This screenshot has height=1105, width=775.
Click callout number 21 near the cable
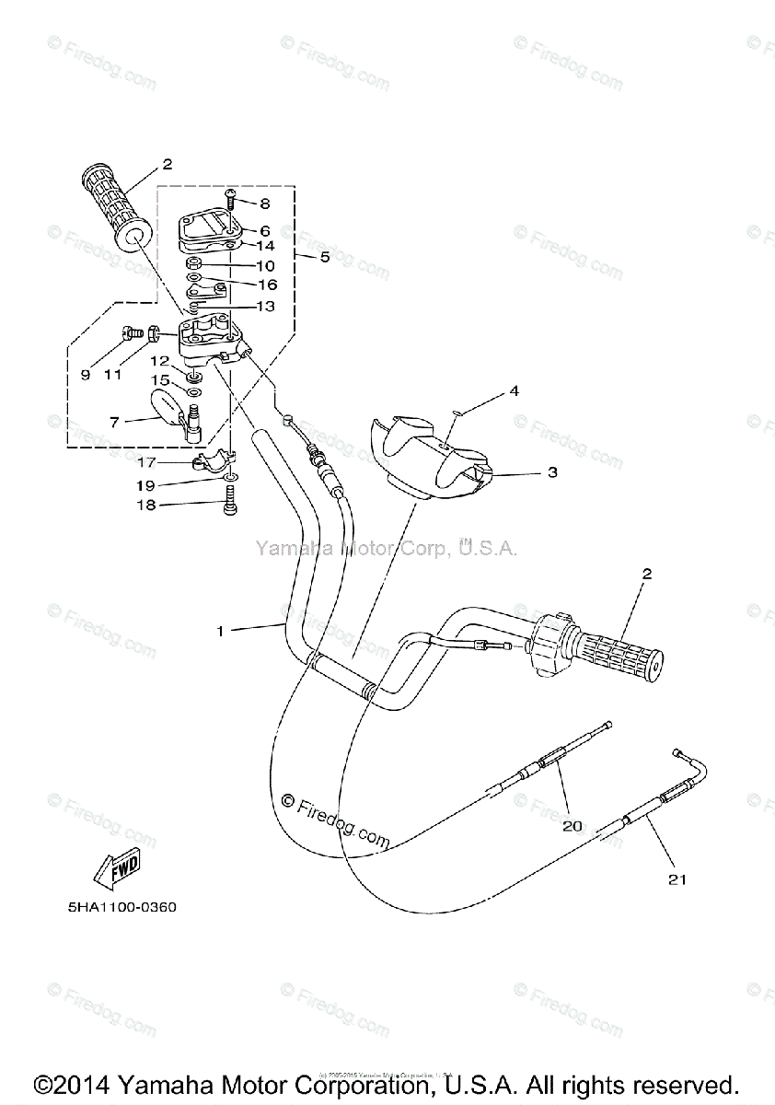pyautogui.click(x=677, y=880)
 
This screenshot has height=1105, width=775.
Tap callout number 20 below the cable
pyautogui.click(x=572, y=826)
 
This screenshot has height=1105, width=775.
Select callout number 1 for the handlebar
pyautogui.click(x=220, y=631)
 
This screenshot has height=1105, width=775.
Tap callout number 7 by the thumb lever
pyautogui.click(x=114, y=422)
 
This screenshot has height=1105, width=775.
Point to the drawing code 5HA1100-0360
pyautogui.click(x=121, y=907)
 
